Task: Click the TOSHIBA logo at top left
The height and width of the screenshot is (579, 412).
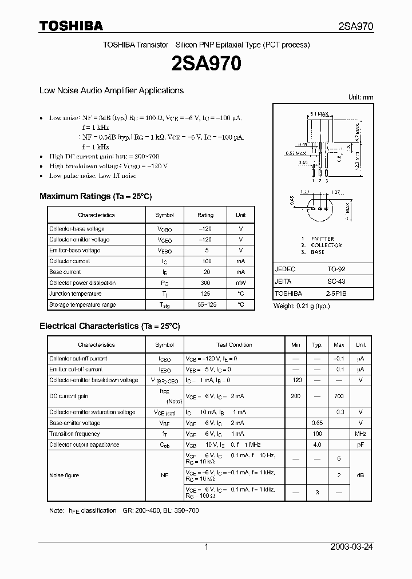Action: pos(71,26)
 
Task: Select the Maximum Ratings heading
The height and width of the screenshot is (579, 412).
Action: pos(96,196)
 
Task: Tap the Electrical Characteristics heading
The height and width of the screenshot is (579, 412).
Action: pos(109,326)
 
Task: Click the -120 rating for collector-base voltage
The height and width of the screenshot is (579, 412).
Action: pos(205,229)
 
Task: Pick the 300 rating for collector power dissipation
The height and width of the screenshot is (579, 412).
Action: pos(205,283)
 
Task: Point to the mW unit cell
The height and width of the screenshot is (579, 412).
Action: pos(240,283)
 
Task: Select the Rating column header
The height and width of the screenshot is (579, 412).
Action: pos(205,215)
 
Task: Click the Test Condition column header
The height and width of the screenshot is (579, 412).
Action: pos(234,345)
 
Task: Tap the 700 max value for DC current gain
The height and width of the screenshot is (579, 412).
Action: pos(339,396)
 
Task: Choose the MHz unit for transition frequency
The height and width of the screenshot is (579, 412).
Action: pos(360,434)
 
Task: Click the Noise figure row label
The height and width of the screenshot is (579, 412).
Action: pos(64,475)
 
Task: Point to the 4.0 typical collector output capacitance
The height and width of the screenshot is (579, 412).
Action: pos(317,445)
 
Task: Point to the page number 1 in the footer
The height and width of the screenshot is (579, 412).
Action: pos(206,547)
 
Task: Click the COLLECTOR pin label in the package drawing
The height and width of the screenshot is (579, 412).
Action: pos(327,245)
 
